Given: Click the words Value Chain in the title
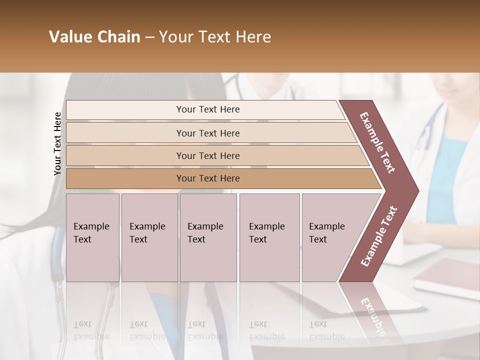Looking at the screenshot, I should pyautogui.click(x=94, y=37).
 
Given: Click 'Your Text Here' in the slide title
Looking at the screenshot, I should pyautogui.click(x=215, y=37).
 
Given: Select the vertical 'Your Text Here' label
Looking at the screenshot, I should pyautogui.click(x=57, y=143).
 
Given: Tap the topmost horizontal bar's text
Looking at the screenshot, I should pyautogui.click(x=208, y=109).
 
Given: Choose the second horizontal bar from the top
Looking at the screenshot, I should pyautogui.click(x=208, y=133).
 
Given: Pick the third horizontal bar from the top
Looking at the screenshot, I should pyautogui.click(x=208, y=155).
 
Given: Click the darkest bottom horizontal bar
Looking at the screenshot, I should pyautogui.click(x=208, y=178).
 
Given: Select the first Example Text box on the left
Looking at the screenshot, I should pyautogui.click(x=92, y=237).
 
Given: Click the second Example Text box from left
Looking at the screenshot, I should pyautogui.click(x=149, y=237).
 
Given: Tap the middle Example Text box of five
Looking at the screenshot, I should pyautogui.click(x=208, y=237).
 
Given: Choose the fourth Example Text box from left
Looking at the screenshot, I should pyautogui.click(x=269, y=237).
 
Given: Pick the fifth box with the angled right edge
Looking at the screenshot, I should pyautogui.click(x=330, y=237).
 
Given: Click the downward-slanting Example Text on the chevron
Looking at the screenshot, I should pyautogui.click(x=377, y=142).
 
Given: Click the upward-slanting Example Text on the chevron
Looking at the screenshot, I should pyautogui.click(x=379, y=236).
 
